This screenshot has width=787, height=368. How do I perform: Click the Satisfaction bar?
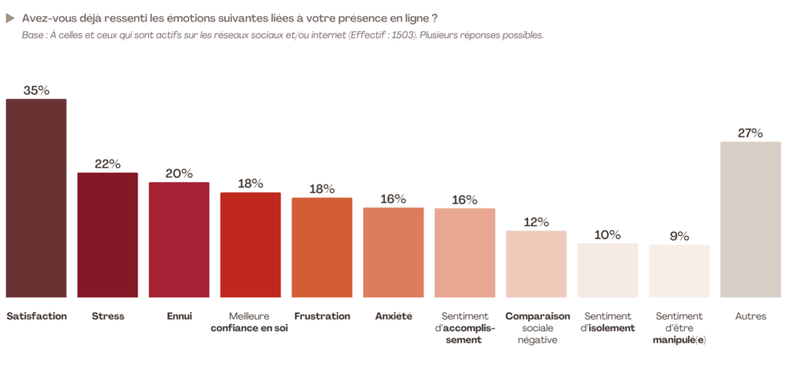click(x=36, y=198)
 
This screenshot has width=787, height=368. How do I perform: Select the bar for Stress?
click(x=108, y=234)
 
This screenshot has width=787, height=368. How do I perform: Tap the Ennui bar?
click(x=179, y=239)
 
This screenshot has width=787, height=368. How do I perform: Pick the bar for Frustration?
click(x=322, y=247)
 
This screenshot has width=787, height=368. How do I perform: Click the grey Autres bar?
click(x=750, y=219)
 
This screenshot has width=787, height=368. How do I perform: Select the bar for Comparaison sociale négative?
click(x=536, y=264)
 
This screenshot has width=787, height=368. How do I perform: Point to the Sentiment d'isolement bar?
click(x=608, y=270)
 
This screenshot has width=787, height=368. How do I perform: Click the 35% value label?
click(x=36, y=90)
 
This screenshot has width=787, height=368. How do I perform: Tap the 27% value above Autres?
click(x=750, y=133)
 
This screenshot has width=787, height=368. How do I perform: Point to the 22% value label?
click(x=108, y=164)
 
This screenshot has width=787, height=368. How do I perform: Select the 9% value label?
click(x=679, y=236)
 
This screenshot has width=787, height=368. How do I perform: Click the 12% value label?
click(x=536, y=222)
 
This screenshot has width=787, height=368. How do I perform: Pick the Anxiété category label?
click(x=393, y=316)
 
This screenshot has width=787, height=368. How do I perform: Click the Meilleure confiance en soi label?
click(x=250, y=322)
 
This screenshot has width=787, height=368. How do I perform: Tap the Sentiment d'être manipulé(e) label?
click(x=679, y=328)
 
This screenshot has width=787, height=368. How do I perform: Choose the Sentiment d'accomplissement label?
click(x=464, y=328)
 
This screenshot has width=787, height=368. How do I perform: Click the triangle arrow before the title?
click(x=10, y=17)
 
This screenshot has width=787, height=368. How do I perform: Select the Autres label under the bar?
click(x=750, y=316)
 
